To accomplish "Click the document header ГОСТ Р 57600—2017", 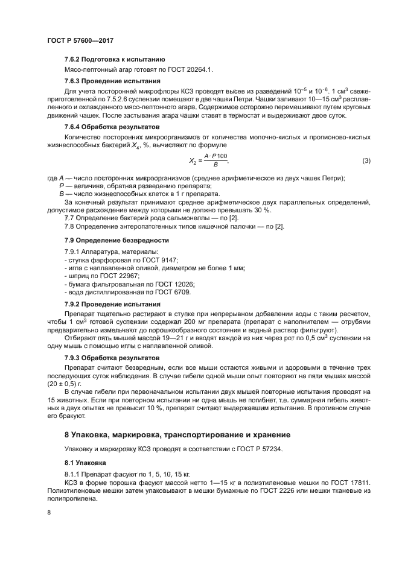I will click(x=80, y=40).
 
